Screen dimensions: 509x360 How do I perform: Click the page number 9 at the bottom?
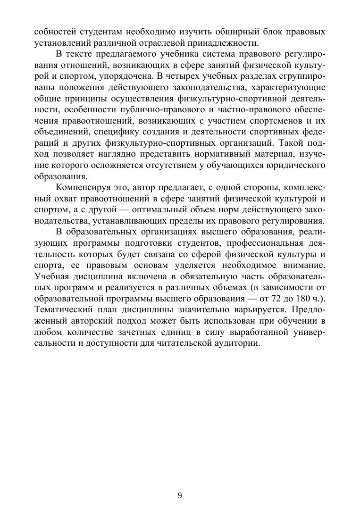click(x=180, y=495)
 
